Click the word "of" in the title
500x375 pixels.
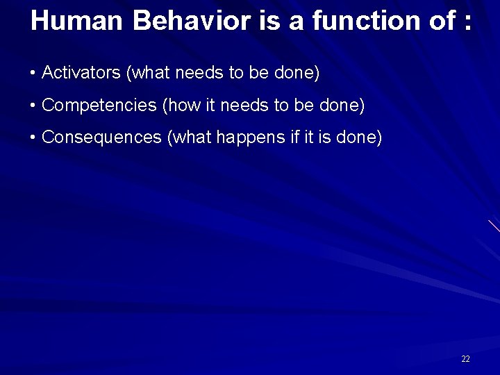pos(438,21)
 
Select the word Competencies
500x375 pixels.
pos(99,106)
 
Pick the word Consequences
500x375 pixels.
pos(102,137)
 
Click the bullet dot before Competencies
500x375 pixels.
pos(33,106)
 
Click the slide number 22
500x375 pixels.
pos(465,359)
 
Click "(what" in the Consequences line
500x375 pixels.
pos(189,137)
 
